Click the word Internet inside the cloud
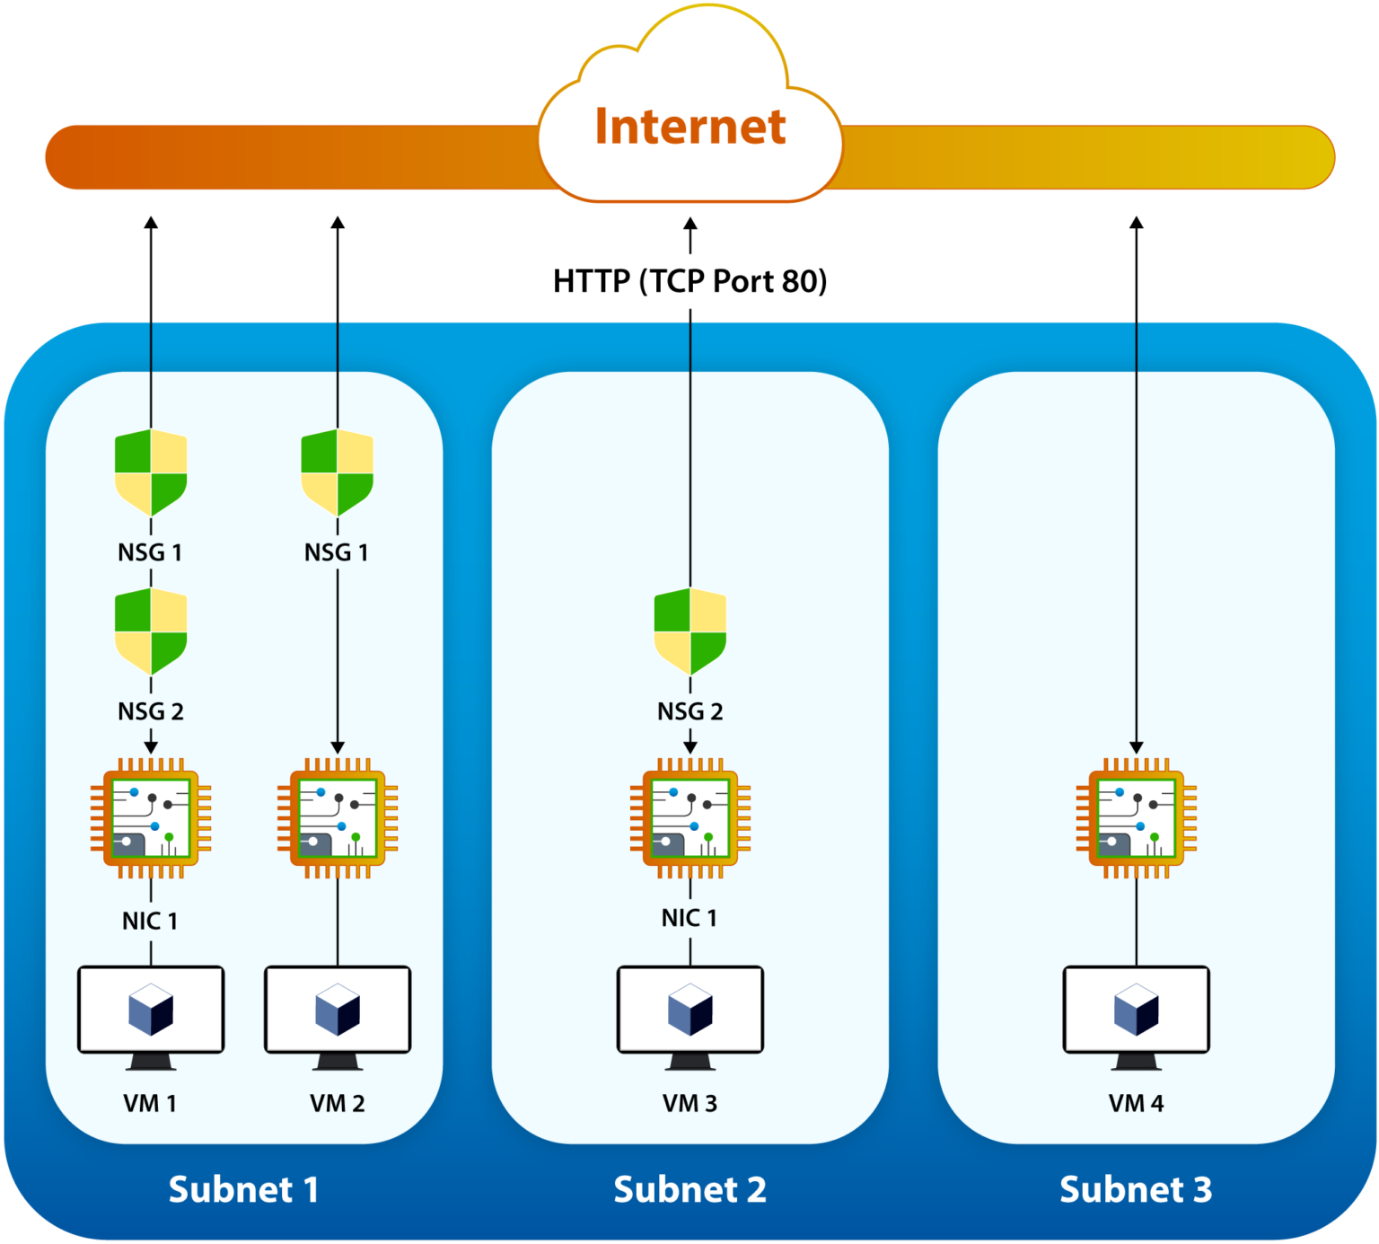coord(689,127)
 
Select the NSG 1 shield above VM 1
coord(151,472)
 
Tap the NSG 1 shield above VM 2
coord(337,472)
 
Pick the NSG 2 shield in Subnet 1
coord(151,631)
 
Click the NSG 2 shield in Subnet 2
coord(689,631)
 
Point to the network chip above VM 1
coord(151,817)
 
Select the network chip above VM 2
coord(337,817)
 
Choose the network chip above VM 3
coord(689,817)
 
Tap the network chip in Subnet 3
coord(1136,817)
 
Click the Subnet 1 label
coord(243,1189)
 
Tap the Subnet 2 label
coord(689,1189)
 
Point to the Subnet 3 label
coord(1136,1189)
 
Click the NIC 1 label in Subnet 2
coord(689,918)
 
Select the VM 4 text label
coord(1136,1103)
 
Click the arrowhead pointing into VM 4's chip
coord(1136,747)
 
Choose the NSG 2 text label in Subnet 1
coord(151,711)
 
